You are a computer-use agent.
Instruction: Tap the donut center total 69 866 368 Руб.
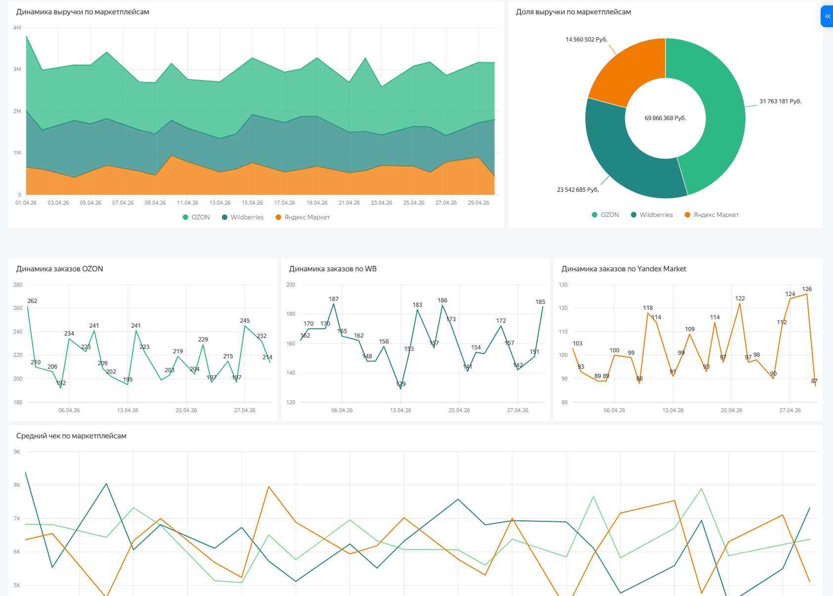click(665, 118)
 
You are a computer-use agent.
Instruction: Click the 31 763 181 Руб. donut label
click(780, 101)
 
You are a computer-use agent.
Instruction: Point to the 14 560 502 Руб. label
click(586, 40)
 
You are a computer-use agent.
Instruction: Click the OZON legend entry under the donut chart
click(605, 215)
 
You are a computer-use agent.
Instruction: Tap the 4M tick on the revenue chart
click(17, 28)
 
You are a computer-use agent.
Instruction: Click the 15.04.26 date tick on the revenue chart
click(252, 203)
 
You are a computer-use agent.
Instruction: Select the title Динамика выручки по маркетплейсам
click(83, 12)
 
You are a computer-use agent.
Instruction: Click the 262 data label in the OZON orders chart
click(32, 301)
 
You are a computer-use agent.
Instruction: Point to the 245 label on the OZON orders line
click(245, 321)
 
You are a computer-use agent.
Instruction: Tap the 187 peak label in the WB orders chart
click(334, 299)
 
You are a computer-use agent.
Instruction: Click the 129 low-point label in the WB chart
click(400, 383)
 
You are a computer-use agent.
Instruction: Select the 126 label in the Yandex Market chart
click(807, 289)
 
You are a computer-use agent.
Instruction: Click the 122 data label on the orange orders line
click(740, 298)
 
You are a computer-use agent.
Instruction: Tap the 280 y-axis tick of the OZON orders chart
click(18, 285)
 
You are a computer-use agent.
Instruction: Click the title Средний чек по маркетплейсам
click(71, 436)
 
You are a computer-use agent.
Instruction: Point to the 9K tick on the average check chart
click(17, 452)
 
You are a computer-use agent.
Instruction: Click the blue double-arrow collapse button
click(827, 16)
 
